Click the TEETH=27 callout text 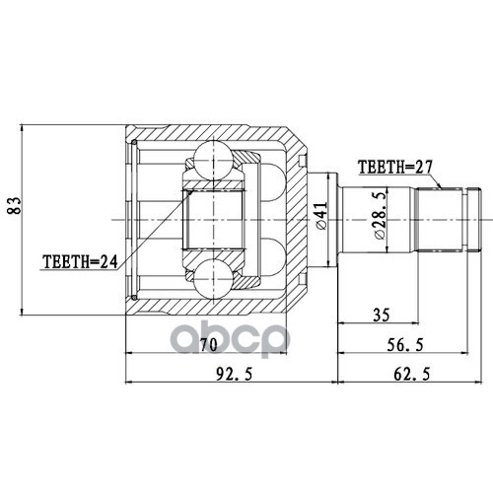(395, 167)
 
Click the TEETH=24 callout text (80, 261)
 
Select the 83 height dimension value (15, 206)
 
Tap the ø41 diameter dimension (320, 216)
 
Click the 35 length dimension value (382, 315)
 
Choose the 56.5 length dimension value (405, 345)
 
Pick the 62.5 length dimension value (411, 374)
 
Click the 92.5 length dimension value (235, 374)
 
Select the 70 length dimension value (209, 345)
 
